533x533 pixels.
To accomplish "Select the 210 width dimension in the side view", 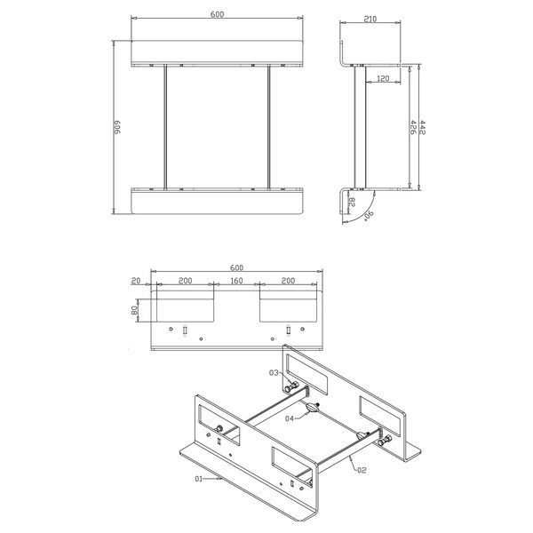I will tap(370, 20).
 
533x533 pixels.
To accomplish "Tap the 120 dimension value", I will tap(382, 79).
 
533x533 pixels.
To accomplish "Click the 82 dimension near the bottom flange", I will tap(353, 203).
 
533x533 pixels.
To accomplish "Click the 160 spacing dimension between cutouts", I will tap(236, 280).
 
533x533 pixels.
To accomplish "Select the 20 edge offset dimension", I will tap(136, 280).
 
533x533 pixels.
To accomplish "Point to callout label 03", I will tap(274, 372).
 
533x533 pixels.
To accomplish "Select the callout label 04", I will tap(290, 417).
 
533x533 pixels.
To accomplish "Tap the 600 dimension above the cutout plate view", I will tap(236, 267).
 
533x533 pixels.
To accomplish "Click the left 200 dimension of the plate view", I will tap(185, 280).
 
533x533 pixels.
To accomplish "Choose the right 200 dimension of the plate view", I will tap(288, 280).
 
